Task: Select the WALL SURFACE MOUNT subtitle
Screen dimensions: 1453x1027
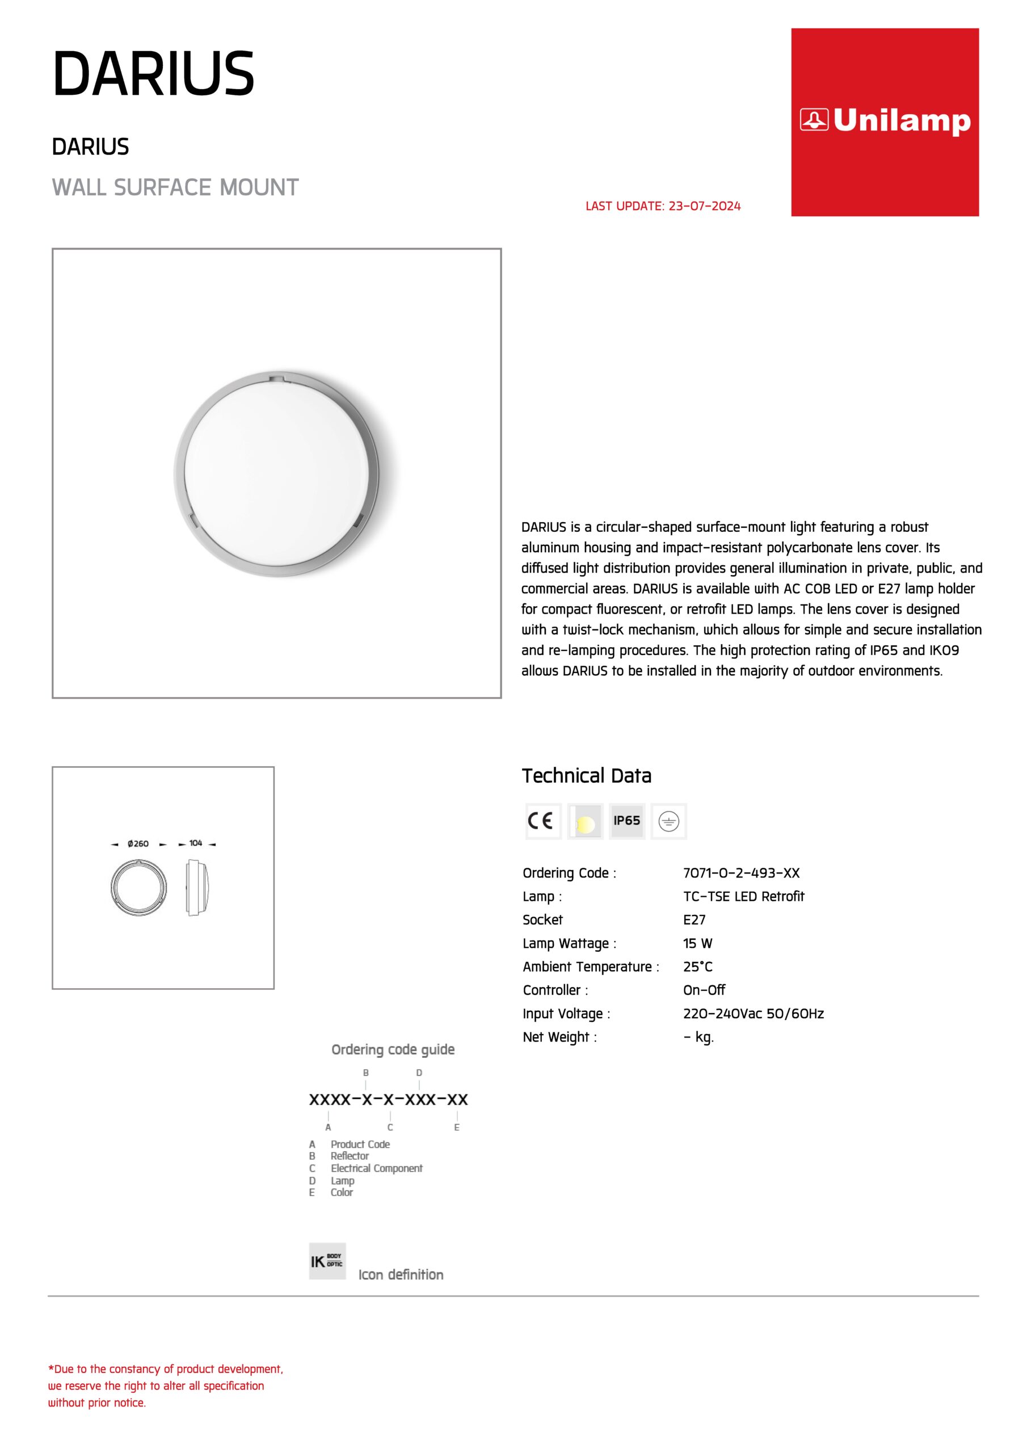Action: pyautogui.click(x=175, y=187)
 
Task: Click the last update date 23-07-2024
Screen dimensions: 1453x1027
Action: pyautogui.click(x=704, y=206)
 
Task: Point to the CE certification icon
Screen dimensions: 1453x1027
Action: pyautogui.click(x=542, y=821)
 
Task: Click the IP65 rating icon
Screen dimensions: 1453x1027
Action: pyautogui.click(x=626, y=821)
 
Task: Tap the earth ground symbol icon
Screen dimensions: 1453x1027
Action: pyautogui.click(x=668, y=821)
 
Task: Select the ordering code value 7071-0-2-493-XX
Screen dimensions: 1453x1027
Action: pyautogui.click(x=741, y=873)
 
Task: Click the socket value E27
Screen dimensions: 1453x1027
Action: pyautogui.click(x=693, y=919)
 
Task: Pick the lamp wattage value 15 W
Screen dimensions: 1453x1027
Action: pyautogui.click(x=697, y=943)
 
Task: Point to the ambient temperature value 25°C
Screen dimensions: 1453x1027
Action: pyautogui.click(x=697, y=967)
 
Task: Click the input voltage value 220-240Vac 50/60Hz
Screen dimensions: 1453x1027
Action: pyautogui.click(x=753, y=1013)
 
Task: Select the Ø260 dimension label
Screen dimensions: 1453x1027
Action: pyautogui.click(x=138, y=843)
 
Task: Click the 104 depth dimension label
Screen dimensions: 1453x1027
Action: pyautogui.click(x=196, y=843)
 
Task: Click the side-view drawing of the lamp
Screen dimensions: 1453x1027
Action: pyautogui.click(x=200, y=887)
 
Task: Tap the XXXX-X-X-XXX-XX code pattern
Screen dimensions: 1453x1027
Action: pyautogui.click(x=388, y=1099)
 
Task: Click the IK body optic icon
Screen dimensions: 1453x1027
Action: pyautogui.click(x=327, y=1261)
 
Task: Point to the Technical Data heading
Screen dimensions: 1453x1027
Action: pyautogui.click(x=586, y=776)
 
